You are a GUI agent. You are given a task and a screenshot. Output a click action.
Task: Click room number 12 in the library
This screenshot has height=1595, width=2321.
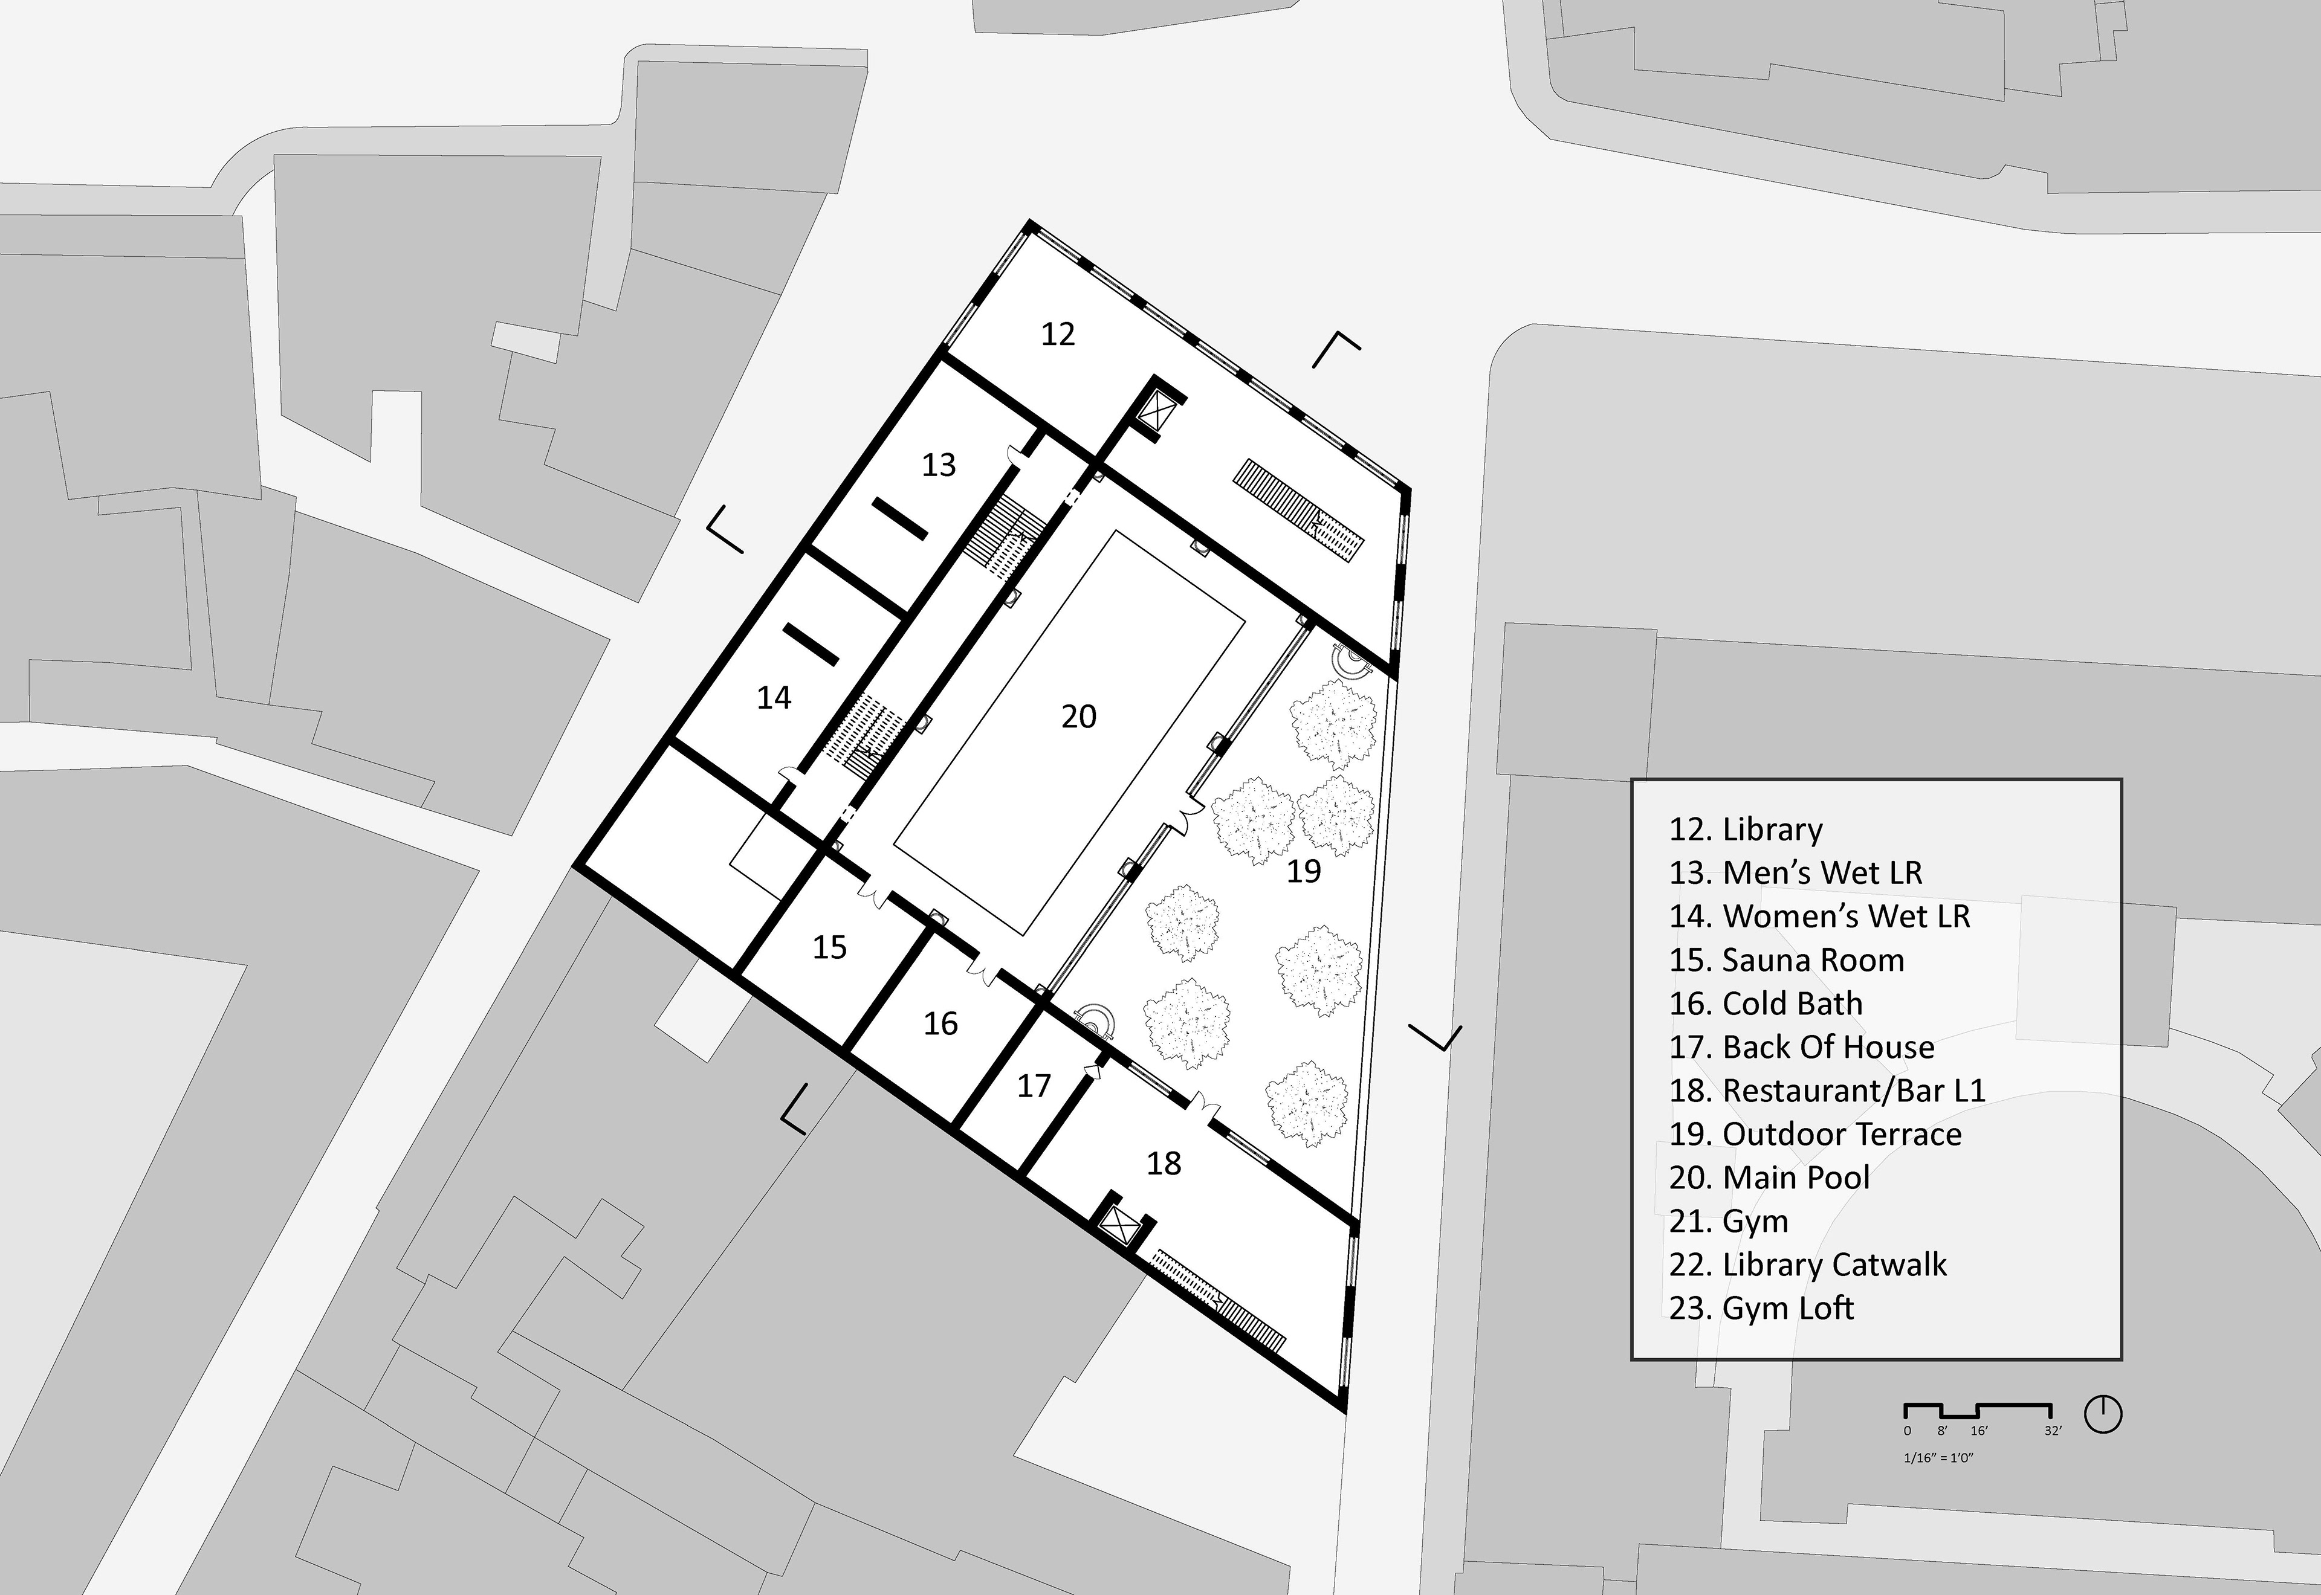[x=1058, y=333]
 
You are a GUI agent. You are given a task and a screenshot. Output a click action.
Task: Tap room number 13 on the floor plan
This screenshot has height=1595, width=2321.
[x=939, y=465]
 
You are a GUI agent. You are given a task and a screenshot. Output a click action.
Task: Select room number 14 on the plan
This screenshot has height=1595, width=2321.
[x=774, y=698]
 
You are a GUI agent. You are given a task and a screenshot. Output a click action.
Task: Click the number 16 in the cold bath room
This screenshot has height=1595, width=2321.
[x=940, y=1023]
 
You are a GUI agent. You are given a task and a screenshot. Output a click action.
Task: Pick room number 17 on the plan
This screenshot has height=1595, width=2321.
[x=1034, y=1085]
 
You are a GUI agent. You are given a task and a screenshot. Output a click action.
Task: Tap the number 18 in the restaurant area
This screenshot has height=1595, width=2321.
[x=1164, y=1163]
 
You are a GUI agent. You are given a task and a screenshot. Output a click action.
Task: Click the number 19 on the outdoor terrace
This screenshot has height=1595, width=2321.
[x=1303, y=871]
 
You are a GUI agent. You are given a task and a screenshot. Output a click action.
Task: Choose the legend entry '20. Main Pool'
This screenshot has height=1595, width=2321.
[x=1769, y=1178]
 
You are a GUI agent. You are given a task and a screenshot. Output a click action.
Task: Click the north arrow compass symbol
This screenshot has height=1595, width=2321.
[x=2103, y=1414]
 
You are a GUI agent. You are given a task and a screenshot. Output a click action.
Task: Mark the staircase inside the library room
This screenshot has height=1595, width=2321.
[x=1298, y=513]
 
